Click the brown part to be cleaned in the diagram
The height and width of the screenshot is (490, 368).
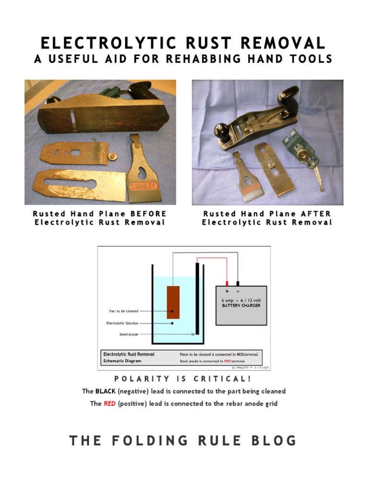173,302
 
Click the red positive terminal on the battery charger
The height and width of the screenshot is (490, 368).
227,283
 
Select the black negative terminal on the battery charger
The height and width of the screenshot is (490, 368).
238,283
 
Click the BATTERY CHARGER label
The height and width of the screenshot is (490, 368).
241,305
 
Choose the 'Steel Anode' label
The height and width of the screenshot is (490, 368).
129,334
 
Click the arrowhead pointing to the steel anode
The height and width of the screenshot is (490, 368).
193,334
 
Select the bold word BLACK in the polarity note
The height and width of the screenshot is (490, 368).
105,391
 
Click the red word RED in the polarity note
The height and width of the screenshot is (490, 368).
110,404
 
